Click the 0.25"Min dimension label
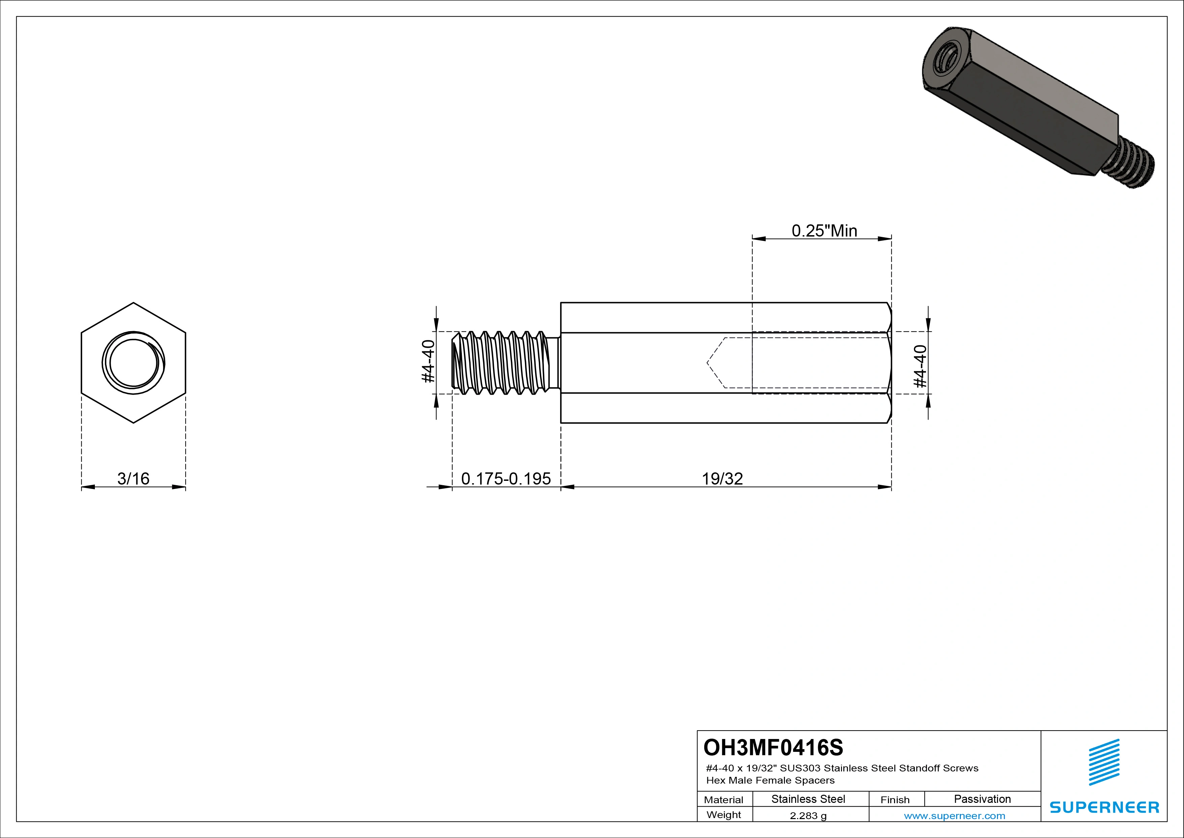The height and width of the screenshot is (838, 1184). tap(824, 231)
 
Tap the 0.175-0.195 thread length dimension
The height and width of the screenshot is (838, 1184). tap(505, 479)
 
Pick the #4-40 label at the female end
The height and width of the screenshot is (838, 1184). tap(920, 366)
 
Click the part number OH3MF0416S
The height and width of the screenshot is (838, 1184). tap(773, 747)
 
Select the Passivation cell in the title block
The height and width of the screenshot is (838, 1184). tap(982, 799)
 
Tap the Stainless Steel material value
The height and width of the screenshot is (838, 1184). tap(808, 799)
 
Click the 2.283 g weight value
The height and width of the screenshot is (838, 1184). tap(808, 816)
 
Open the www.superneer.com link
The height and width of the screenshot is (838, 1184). tap(954, 816)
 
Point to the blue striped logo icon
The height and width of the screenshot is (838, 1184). tap(1104, 762)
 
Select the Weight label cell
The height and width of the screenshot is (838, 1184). tap(723, 815)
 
